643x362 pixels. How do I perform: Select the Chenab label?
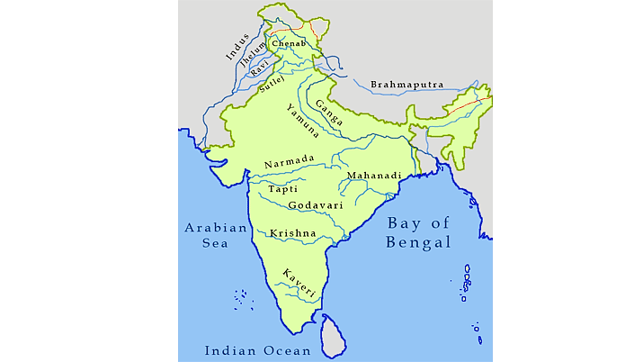[x=288, y=43]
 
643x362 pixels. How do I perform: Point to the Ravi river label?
[x=260, y=69]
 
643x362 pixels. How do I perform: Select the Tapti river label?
[x=283, y=189]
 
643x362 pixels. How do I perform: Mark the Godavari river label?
[x=314, y=206]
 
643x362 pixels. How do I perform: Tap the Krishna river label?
[x=292, y=233]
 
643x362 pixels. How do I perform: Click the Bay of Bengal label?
[x=419, y=232]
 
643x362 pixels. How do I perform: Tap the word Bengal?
[x=419, y=242]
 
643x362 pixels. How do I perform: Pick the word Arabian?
[x=216, y=228]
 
